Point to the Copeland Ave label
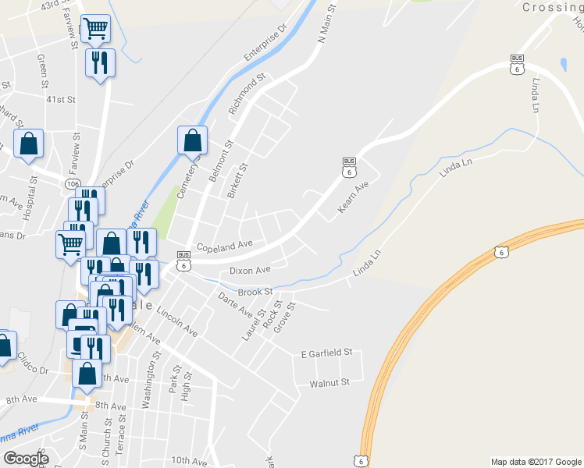225,246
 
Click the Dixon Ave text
249,271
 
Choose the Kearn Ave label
352,198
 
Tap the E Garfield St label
327,354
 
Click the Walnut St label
329,383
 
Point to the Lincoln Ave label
177,321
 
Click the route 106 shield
73,183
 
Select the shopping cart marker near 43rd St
96,29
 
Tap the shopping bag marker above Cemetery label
192,140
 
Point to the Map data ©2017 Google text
536,462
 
